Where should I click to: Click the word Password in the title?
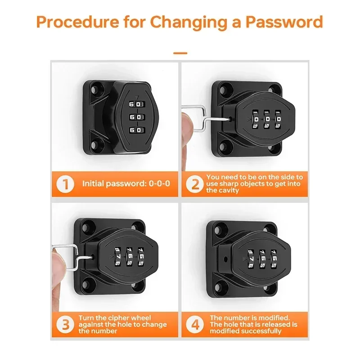click(x=284, y=22)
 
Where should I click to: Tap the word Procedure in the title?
click(x=77, y=22)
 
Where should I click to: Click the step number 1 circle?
click(x=65, y=184)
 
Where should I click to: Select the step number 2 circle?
click(x=195, y=184)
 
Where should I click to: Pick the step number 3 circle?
click(x=65, y=324)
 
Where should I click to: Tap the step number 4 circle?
click(x=195, y=324)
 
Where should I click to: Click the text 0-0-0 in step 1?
click(x=159, y=184)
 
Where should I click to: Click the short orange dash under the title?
click(x=180, y=53)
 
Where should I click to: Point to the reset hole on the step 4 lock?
click(x=225, y=259)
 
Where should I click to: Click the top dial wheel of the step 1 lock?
click(x=137, y=104)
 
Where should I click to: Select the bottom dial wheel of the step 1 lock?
click(x=137, y=130)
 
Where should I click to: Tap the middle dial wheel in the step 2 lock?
click(x=267, y=119)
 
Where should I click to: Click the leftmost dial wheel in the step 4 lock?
click(x=251, y=259)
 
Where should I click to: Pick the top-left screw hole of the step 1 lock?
click(x=94, y=89)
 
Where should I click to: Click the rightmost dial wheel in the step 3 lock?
click(x=141, y=256)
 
